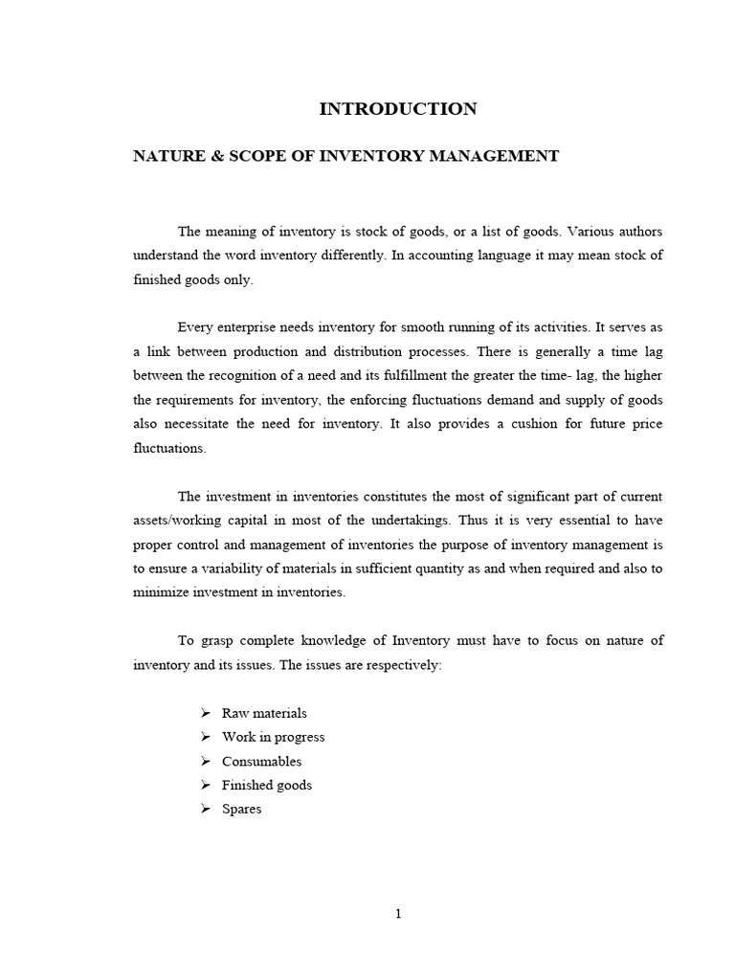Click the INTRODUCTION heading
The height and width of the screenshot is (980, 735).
click(397, 109)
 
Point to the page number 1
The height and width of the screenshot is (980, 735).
click(398, 913)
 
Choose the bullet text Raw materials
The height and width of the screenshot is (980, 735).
click(264, 713)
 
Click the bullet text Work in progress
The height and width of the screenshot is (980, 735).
click(273, 737)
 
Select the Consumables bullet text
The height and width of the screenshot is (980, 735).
click(261, 761)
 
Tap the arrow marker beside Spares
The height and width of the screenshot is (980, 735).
click(205, 809)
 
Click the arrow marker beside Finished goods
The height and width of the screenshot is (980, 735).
click(205, 785)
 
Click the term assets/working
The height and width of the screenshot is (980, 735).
click(180, 521)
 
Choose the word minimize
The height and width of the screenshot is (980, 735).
click(158, 592)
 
